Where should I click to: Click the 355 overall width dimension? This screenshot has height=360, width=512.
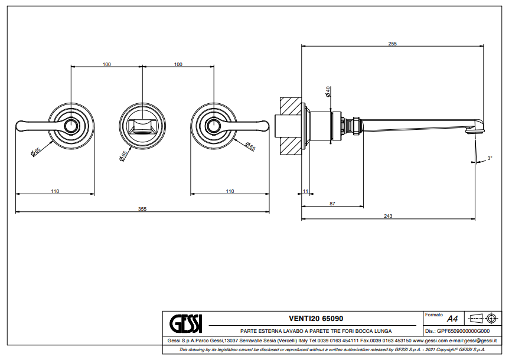[142, 208]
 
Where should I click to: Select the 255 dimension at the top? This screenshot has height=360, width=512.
[392, 44]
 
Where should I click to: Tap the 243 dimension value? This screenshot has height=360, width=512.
[388, 216]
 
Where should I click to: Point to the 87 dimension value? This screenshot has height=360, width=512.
[332, 204]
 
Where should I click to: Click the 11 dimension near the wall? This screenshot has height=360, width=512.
[305, 191]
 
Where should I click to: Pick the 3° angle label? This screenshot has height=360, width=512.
[490, 158]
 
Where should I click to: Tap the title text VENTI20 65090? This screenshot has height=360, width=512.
[315, 319]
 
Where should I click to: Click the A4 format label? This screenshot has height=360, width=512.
[452, 318]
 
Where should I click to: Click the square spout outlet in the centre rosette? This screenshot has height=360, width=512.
[142, 126]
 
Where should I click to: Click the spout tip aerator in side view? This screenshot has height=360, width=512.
[472, 133]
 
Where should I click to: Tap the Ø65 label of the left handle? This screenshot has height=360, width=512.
[36, 152]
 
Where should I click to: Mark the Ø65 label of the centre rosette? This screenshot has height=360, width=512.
[123, 156]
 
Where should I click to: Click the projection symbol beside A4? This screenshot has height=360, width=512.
[482, 319]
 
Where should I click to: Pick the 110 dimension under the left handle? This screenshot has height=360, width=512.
[54, 191]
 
